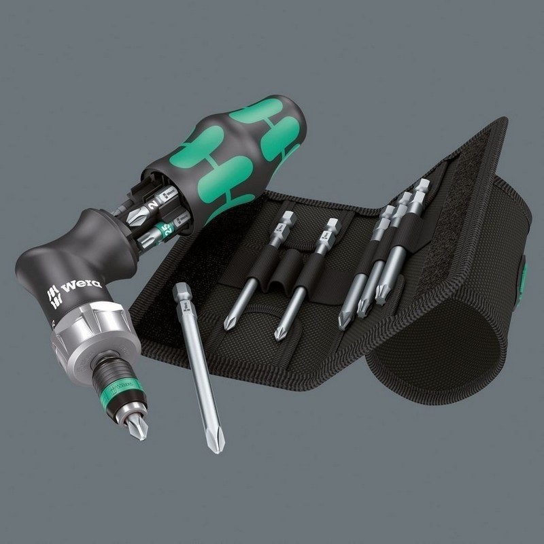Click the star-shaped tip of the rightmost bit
(x=380, y=299)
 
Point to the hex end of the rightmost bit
(x=422, y=184)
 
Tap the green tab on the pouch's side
(x=524, y=275)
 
